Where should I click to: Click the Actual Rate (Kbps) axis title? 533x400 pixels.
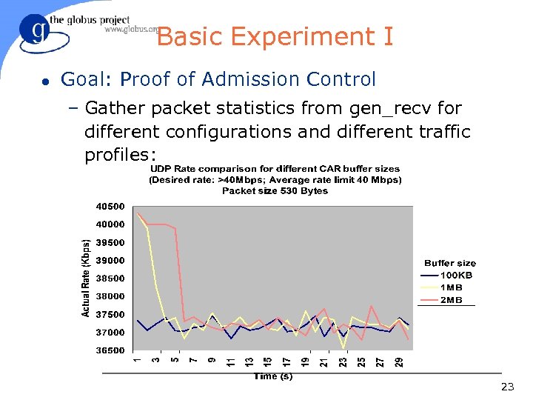86,278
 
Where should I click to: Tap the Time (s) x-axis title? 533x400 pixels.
273,376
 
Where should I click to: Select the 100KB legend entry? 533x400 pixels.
457,275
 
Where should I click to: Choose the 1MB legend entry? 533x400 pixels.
452,287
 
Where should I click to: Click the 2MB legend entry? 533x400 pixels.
452,300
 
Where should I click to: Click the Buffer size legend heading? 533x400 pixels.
450,263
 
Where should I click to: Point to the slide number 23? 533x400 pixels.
507,387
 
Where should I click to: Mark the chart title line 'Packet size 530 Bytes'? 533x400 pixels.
275,190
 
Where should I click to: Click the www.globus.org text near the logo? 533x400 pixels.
131,30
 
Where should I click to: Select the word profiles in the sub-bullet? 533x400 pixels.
121,156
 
